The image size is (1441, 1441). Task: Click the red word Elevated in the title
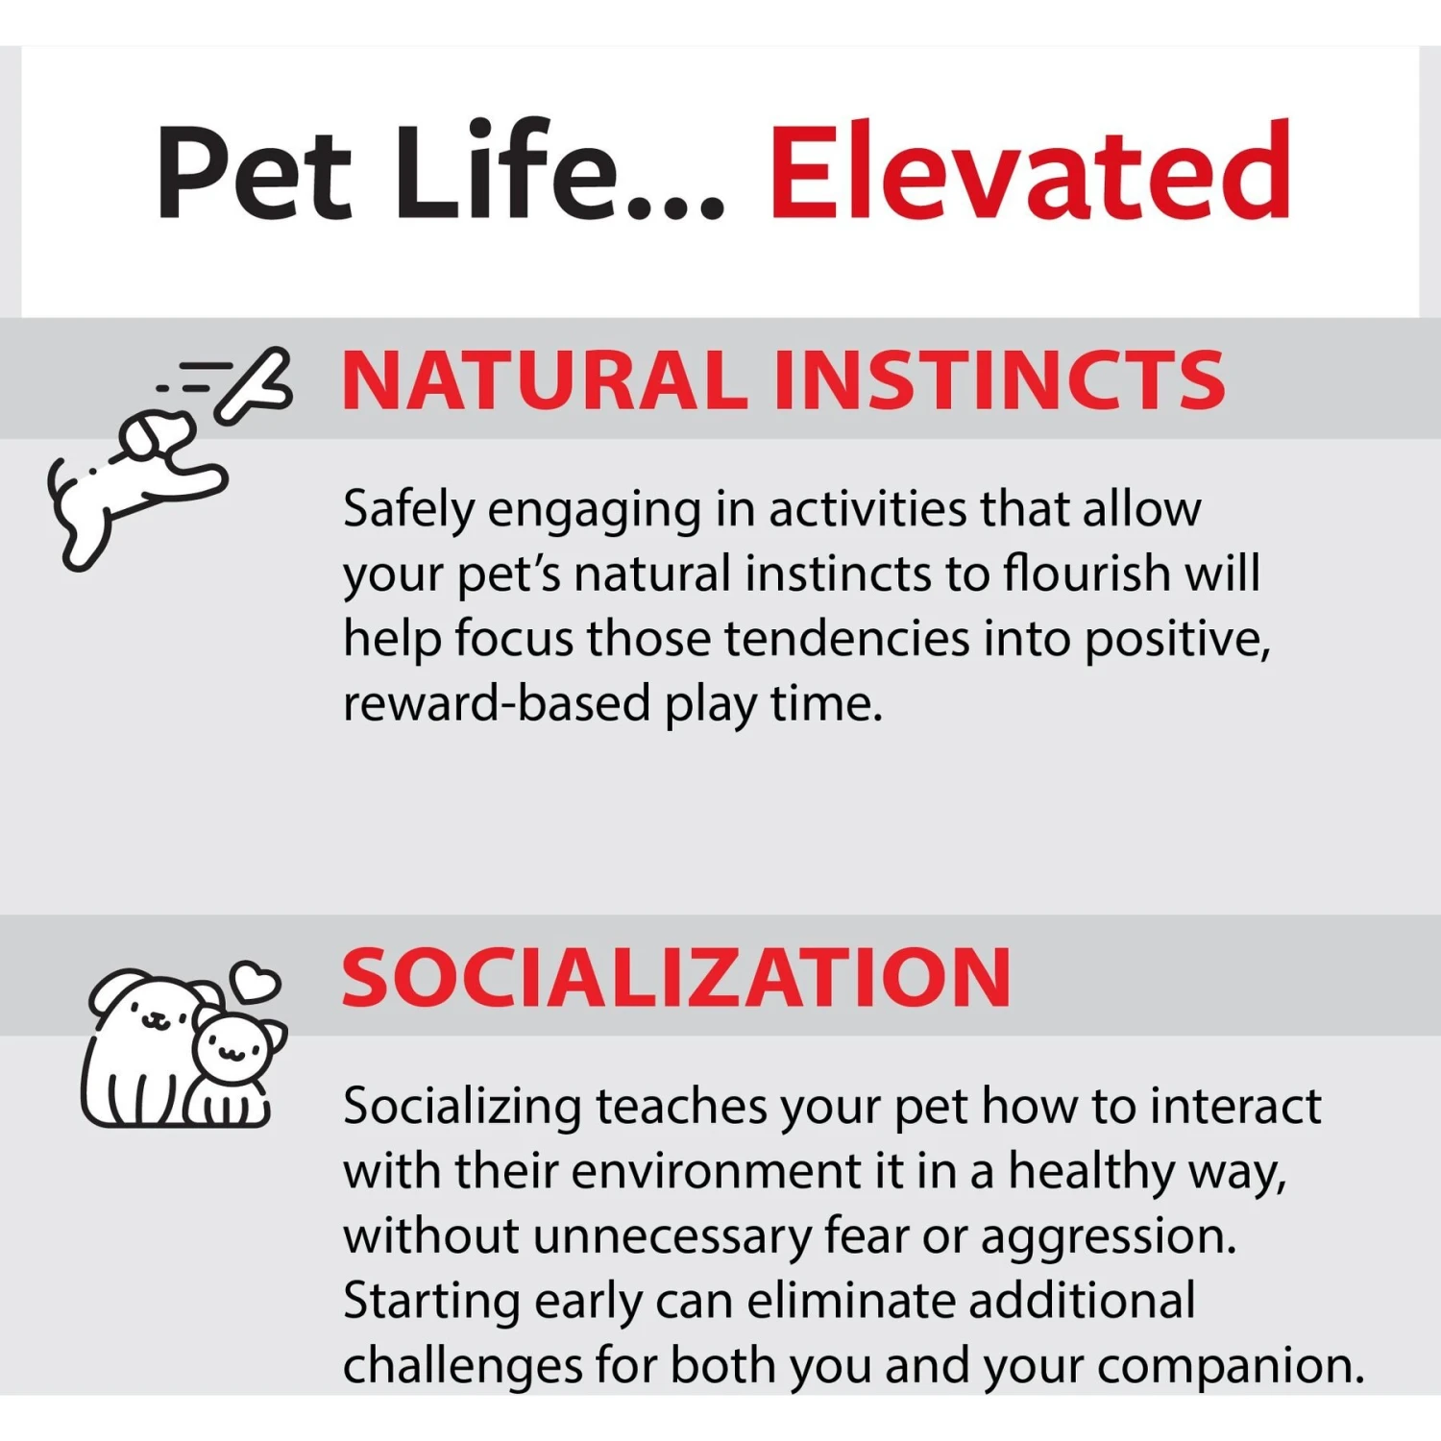(1030, 171)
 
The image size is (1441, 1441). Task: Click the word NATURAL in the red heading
(544, 379)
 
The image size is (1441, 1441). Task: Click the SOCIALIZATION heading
(676, 977)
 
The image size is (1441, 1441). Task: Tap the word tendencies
(847, 638)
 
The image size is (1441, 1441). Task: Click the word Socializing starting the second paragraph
(462, 1107)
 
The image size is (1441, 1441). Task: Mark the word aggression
(1109, 1237)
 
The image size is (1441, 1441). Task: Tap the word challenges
(461, 1366)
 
